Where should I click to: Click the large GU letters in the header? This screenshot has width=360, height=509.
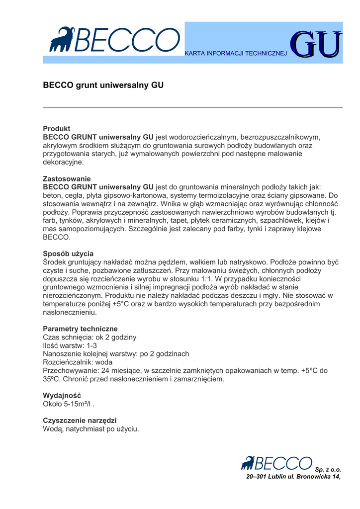coord(316,46)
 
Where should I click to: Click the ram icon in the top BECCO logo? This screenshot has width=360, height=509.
coord(61,39)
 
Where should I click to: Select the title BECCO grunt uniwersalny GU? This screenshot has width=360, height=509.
coord(103,85)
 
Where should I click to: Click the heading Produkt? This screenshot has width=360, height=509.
coord(57,128)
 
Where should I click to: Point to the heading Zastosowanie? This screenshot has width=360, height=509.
coord(67,178)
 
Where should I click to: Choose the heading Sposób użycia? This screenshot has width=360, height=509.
coord(68,254)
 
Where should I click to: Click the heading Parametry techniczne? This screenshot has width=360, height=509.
coord(80,329)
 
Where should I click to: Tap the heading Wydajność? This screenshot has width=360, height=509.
coord(62,395)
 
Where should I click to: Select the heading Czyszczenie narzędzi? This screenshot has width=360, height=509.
coord(80,420)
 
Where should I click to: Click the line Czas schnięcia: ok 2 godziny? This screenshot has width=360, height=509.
coord(90,337)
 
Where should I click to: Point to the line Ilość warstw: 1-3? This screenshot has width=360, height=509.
coord(70,345)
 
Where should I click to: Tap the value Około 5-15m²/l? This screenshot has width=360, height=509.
coord(68,404)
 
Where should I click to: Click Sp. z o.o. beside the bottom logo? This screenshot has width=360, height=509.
coord(328,469)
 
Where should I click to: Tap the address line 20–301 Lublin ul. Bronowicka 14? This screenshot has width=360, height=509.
coord(293,477)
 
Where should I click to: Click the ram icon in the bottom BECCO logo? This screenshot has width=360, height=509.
coord(248,463)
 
